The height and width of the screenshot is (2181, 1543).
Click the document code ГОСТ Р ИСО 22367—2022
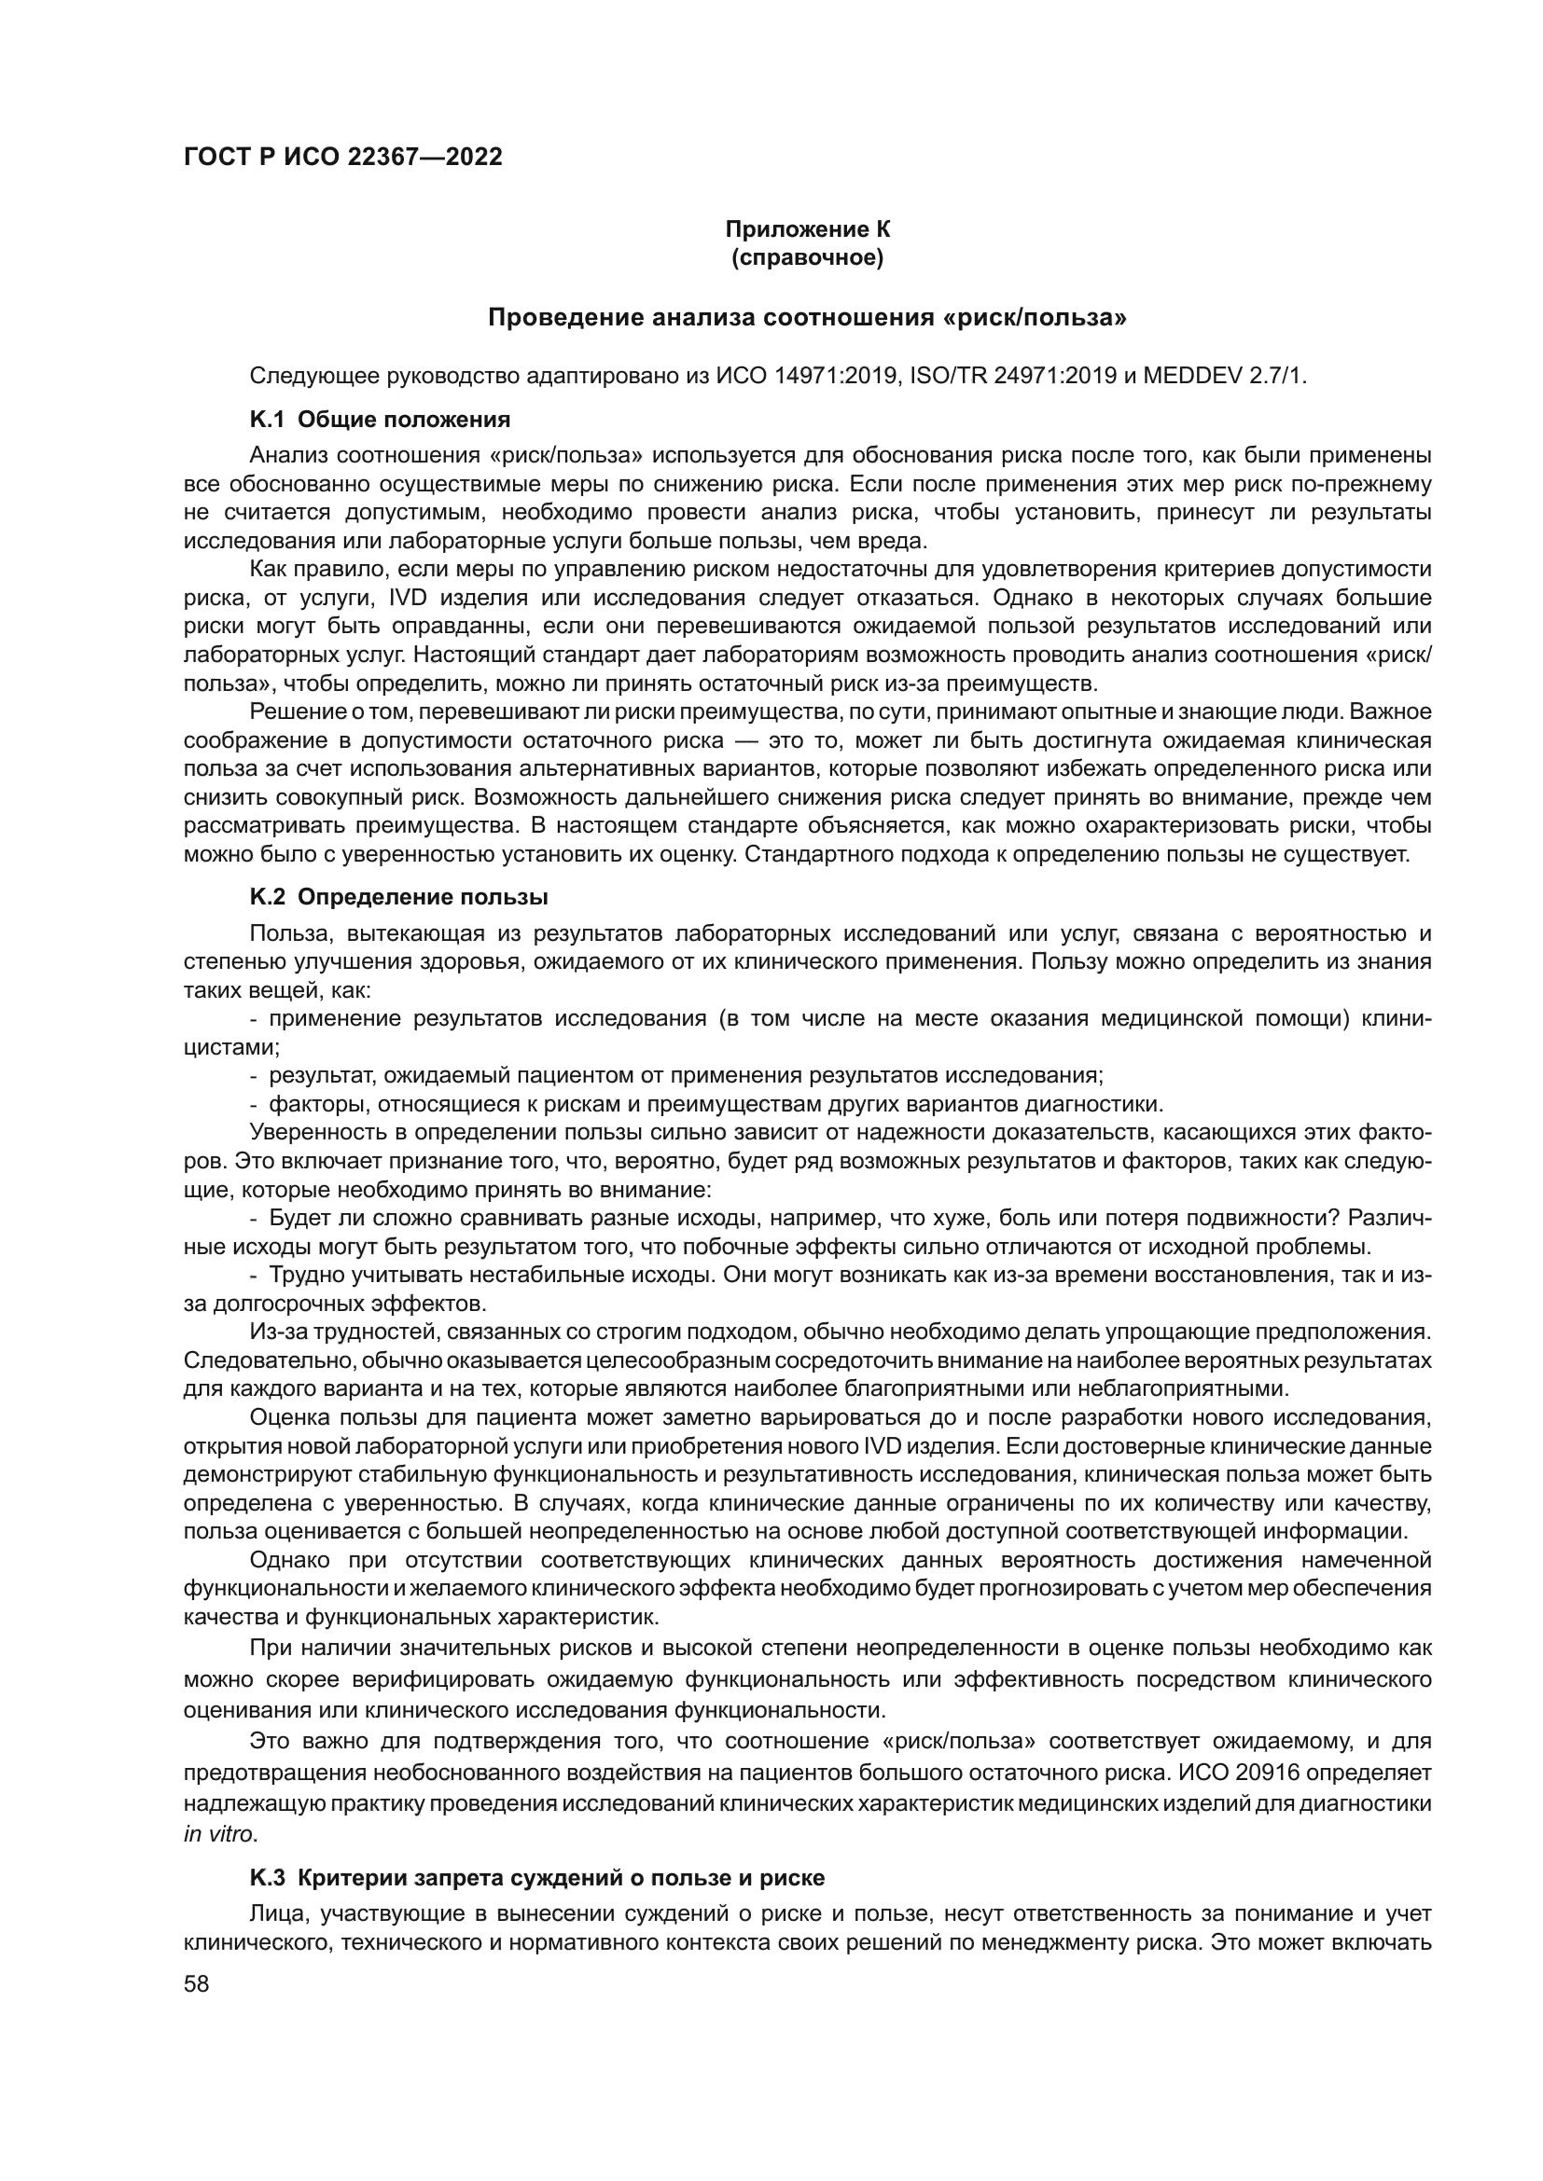coord(343,158)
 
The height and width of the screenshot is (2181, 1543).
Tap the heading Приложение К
coord(808,229)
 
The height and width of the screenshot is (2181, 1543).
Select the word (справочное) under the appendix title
coord(808,258)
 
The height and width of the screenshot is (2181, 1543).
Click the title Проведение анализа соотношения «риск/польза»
coord(808,317)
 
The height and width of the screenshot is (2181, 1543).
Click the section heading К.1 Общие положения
coord(380,420)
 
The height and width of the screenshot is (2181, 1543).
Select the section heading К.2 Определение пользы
coord(399,898)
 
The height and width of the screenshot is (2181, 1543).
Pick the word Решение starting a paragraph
coord(292,712)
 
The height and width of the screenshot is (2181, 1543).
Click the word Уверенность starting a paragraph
coord(313,1132)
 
